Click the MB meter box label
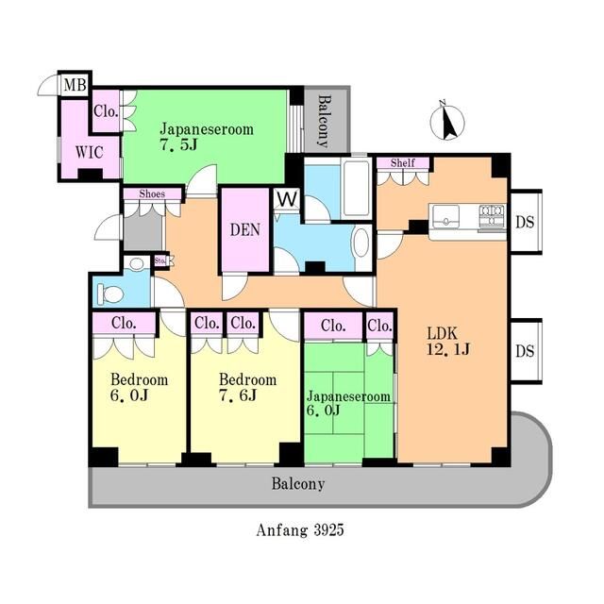[75, 84]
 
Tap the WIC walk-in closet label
[90, 153]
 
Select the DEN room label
[245, 230]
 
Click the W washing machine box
[287, 199]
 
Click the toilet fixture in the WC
[110, 294]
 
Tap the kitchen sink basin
[446, 217]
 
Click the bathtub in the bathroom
[357, 189]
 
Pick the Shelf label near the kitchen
[403, 163]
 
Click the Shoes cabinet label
[152, 193]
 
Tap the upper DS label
[525, 222]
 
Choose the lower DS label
[525, 351]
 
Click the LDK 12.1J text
[448, 342]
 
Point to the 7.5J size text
[178, 144]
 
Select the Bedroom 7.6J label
[247, 388]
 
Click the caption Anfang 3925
[300, 530]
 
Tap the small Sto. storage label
[160, 260]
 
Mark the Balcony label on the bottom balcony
[298, 484]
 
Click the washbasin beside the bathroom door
[361, 243]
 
